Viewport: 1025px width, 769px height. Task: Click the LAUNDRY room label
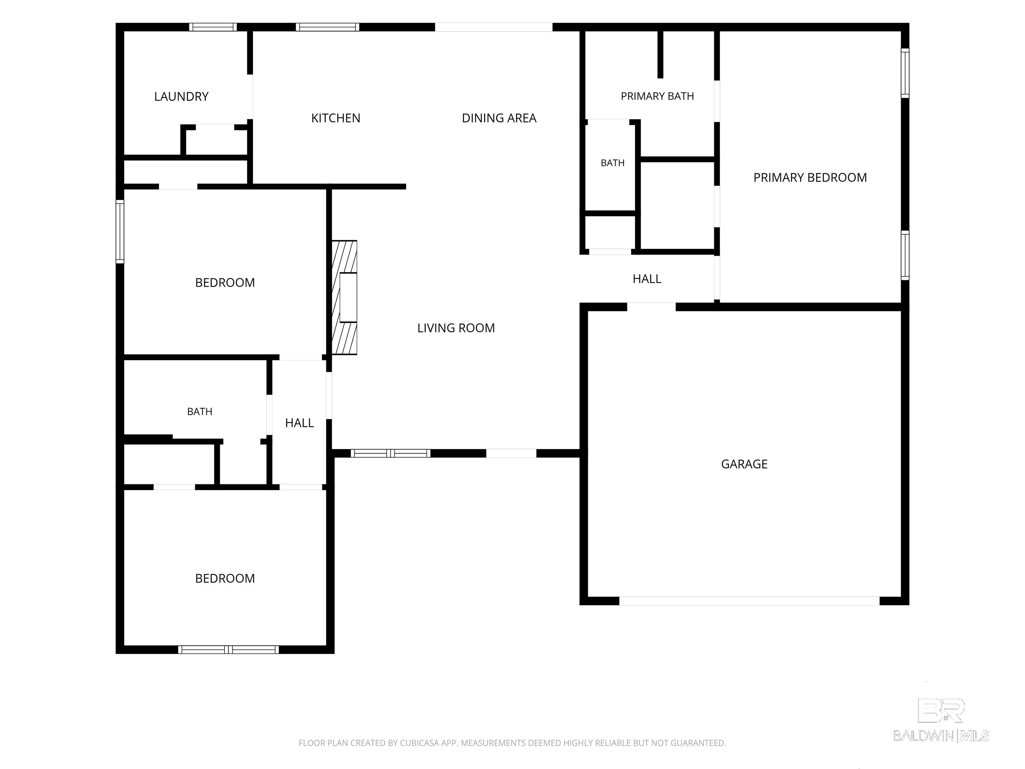pyautogui.click(x=181, y=96)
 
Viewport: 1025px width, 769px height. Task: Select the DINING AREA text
pyautogui.click(x=499, y=118)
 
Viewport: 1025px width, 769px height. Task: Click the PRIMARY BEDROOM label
pyautogui.click(x=810, y=178)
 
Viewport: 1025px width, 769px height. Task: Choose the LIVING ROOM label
pyautogui.click(x=456, y=328)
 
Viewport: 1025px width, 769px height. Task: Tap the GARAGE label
pyautogui.click(x=744, y=464)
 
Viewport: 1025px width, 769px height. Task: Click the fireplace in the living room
pyautogui.click(x=345, y=298)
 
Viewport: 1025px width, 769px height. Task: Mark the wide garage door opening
pyautogui.click(x=749, y=601)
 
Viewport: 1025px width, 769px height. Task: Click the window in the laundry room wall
pyautogui.click(x=213, y=27)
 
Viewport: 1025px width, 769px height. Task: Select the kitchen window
pyautogui.click(x=328, y=27)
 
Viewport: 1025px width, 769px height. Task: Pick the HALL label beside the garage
pyautogui.click(x=647, y=279)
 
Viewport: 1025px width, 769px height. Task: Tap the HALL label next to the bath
pyautogui.click(x=299, y=423)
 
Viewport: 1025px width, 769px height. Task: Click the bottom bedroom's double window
pyautogui.click(x=229, y=650)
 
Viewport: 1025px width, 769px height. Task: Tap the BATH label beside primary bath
pyautogui.click(x=613, y=163)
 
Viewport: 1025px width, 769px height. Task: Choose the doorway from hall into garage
pyautogui.click(x=652, y=306)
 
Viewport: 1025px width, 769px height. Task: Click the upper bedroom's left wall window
pyautogui.click(x=120, y=231)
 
